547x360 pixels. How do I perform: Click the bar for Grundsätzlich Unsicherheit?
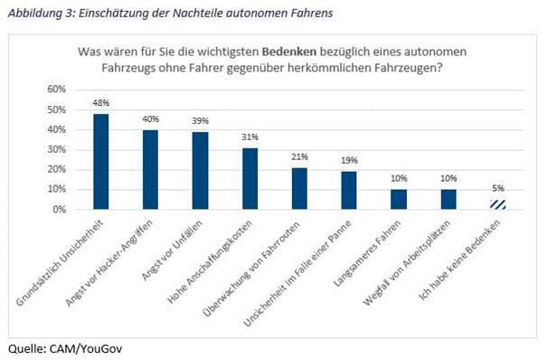tap(101, 161)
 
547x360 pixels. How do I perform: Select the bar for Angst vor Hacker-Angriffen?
tap(150, 169)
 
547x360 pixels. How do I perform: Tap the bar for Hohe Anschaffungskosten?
tap(250, 178)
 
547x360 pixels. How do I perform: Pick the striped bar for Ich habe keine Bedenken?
tap(496, 204)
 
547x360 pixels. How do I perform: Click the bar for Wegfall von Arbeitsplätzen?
tap(447, 199)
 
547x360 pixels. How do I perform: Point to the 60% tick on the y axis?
tap(56, 90)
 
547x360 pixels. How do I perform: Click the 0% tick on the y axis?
tap(59, 210)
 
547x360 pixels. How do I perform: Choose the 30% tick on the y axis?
tap(56, 149)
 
